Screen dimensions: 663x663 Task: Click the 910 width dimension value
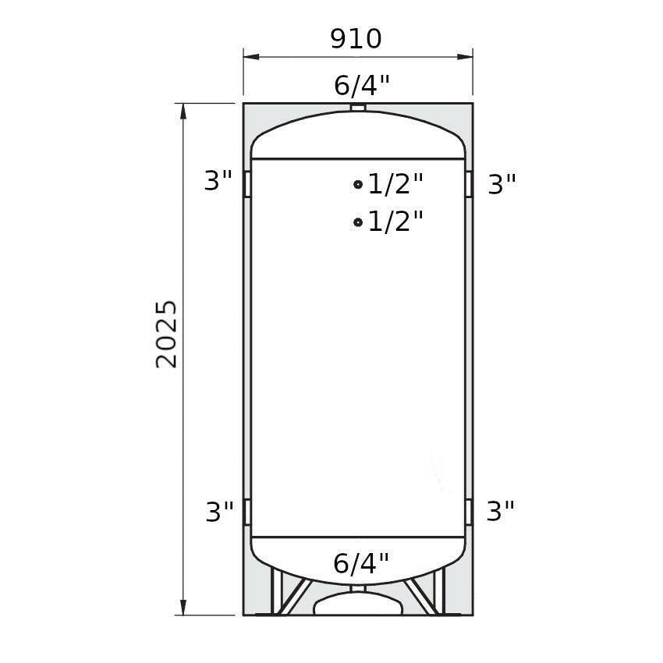[356, 39]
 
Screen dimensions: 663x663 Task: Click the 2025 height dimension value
[166, 335]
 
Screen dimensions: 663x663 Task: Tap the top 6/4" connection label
[361, 86]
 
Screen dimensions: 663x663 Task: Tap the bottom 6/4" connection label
[360, 563]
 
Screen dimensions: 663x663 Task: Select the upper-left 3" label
[218, 180]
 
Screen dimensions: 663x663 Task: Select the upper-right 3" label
[502, 184]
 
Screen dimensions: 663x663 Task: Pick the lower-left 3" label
[219, 511]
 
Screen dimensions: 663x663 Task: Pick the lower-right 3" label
[500, 510]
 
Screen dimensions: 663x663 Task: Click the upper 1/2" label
[395, 183]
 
